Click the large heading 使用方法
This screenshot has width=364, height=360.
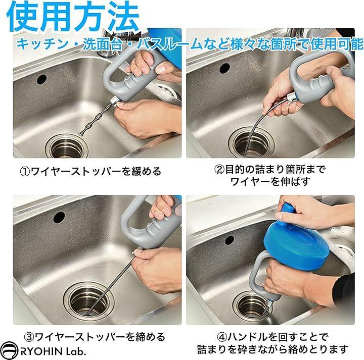(73, 17)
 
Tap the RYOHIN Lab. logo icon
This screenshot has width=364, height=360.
(9, 351)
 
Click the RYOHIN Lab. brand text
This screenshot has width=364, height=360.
(54, 351)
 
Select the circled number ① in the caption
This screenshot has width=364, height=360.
(25, 172)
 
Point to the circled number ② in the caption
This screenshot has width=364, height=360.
(219, 170)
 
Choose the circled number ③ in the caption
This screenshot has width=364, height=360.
(29, 337)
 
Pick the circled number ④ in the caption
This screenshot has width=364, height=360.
(222, 337)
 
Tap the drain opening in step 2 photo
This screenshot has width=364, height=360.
(251, 142)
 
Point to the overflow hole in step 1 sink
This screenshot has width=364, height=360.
(42, 79)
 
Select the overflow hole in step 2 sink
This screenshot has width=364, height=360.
(224, 68)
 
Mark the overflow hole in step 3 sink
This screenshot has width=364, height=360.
(59, 217)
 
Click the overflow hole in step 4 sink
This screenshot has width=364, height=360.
(230, 240)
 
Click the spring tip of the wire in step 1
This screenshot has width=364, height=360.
(82, 134)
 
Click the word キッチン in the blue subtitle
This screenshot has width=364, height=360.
(42, 44)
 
